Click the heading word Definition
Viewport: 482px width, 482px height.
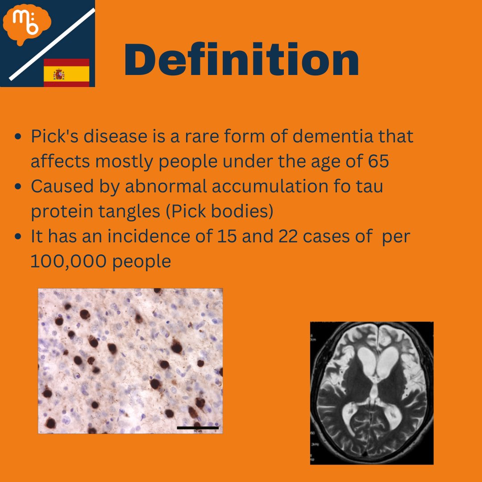[241, 60]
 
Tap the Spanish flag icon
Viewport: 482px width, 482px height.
[66, 72]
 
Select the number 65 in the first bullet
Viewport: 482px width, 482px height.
[378, 161]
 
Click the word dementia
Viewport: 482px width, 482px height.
[328, 137]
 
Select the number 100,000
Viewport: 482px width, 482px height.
[69, 262]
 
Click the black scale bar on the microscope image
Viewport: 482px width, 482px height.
[197, 428]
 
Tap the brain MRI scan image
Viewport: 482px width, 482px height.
[371, 393]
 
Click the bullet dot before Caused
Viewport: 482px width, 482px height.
[18, 187]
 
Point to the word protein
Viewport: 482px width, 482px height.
[59, 212]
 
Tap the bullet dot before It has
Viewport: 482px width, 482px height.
[18, 237]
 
